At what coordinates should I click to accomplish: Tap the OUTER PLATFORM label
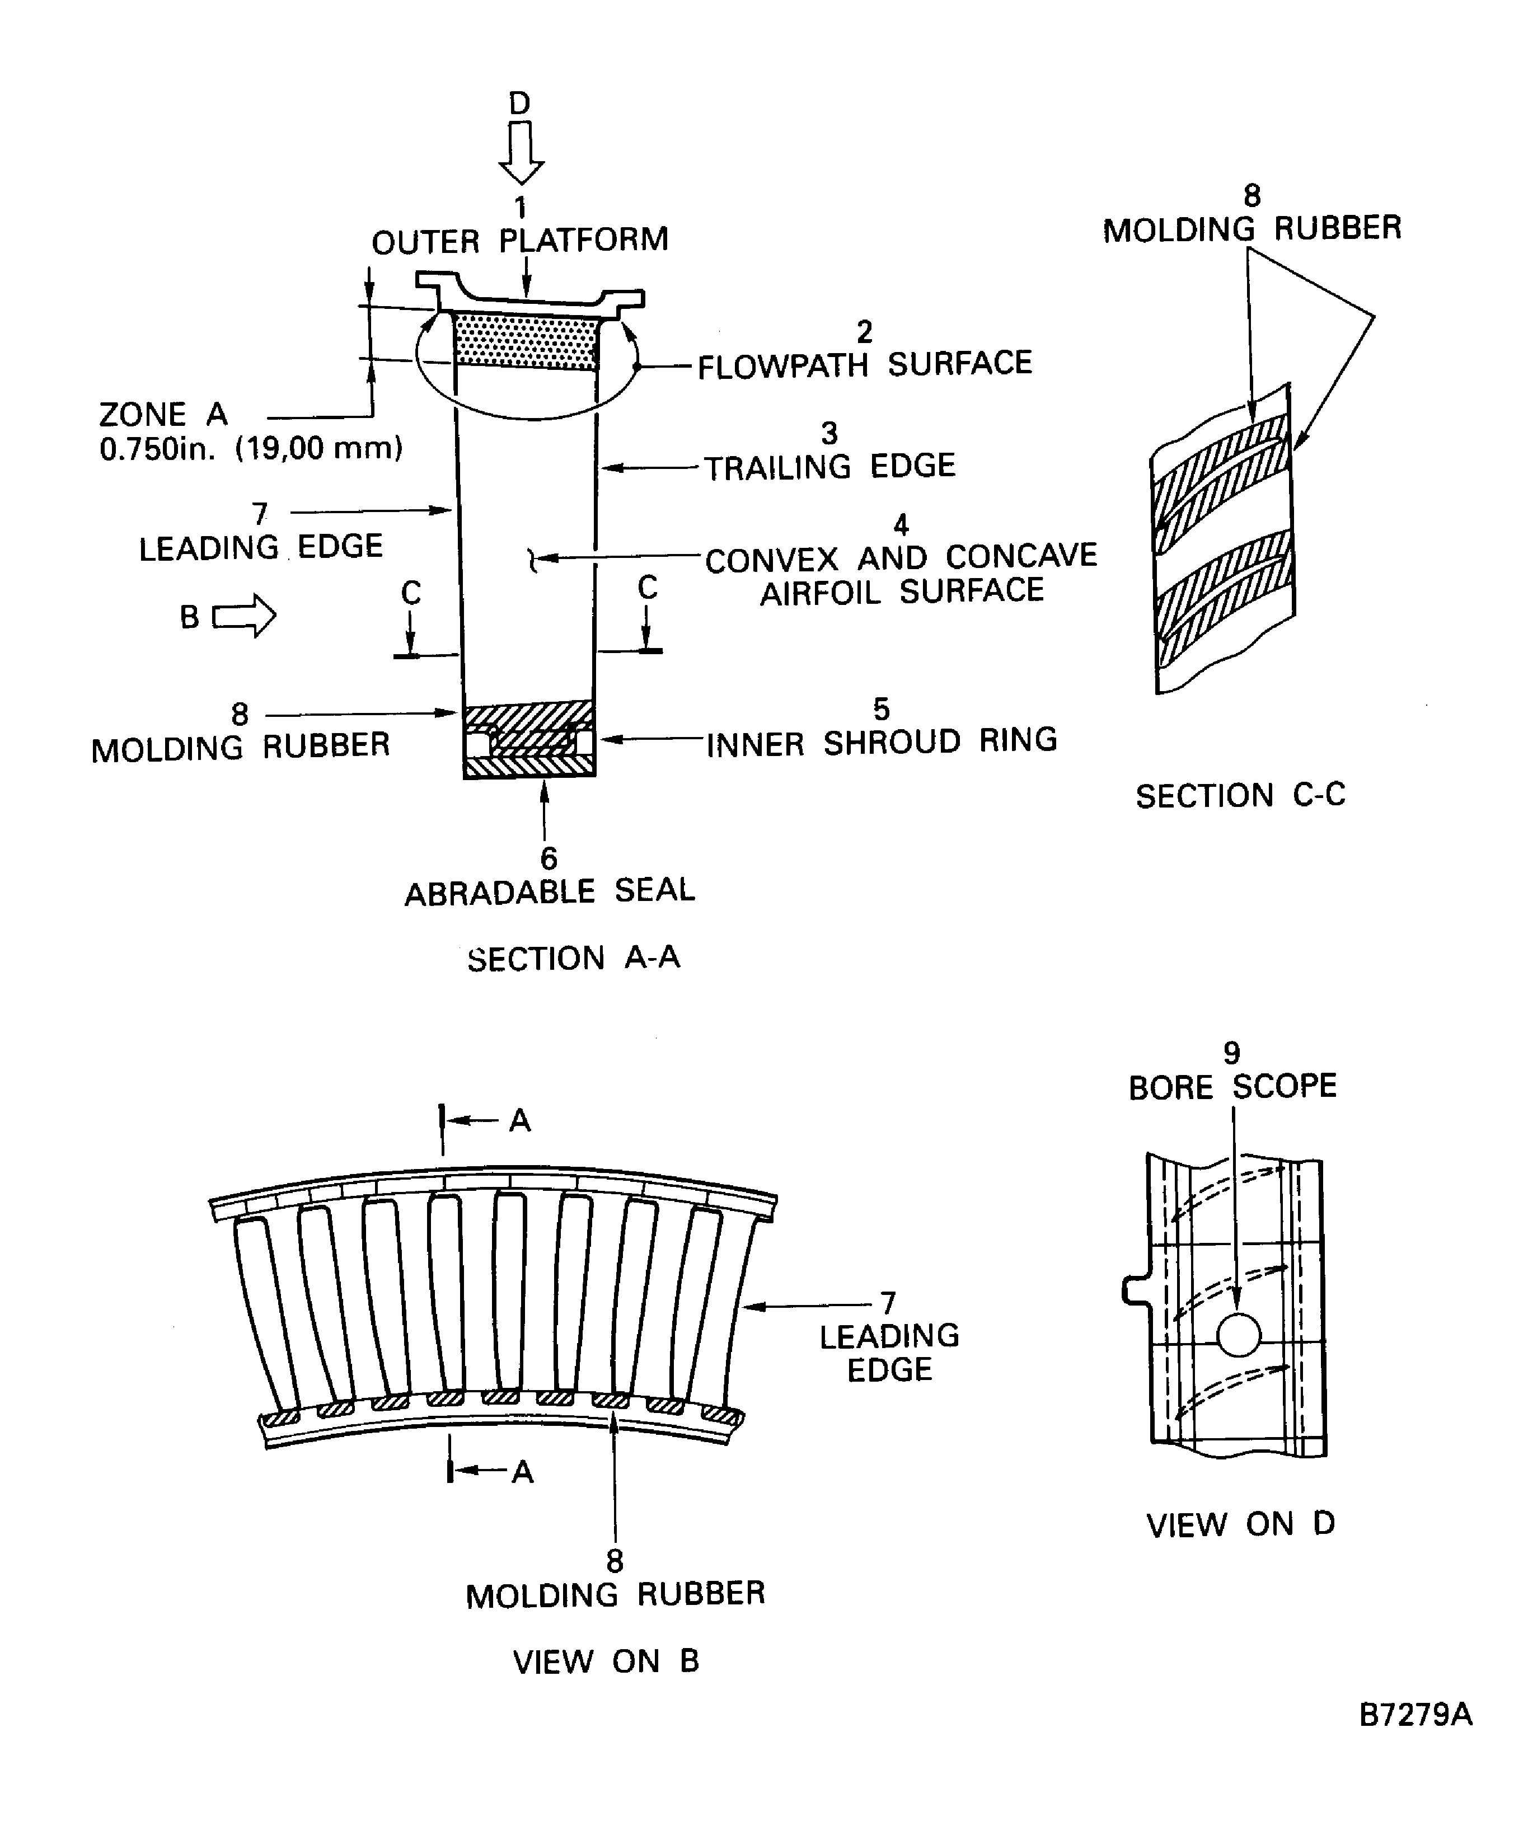tap(520, 241)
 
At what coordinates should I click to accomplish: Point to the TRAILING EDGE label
tap(829, 467)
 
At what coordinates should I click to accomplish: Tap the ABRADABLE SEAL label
tap(550, 892)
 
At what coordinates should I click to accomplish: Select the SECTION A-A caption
tap(573, 958)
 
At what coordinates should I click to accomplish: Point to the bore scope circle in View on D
tap(1239, 1335)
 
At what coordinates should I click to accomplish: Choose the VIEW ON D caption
tap(1240, 1524)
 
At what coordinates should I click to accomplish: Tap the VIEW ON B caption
tap(606, 1661)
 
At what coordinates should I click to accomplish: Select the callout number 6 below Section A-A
tap(549, 858)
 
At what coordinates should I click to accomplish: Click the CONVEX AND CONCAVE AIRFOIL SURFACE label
tap(901, 574)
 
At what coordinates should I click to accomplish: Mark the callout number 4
tap(901, 524)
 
